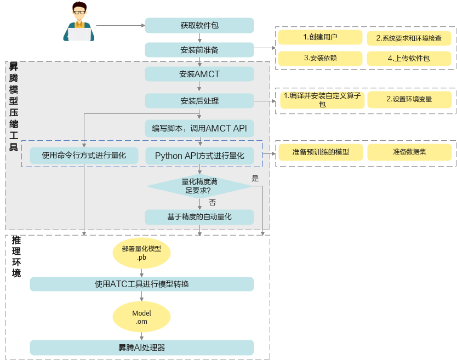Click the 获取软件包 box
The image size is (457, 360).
pos(199,25)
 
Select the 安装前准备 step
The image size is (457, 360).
pos(199,50)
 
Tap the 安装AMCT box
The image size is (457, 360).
pos(199,74)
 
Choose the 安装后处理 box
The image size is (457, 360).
pos(199,101)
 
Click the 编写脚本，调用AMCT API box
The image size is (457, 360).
pos(199,128)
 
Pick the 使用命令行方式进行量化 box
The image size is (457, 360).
pos(84,156)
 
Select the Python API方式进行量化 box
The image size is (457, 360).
pos(199,156)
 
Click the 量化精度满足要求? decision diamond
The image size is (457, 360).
pos(199,186)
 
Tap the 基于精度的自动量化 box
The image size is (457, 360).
pos(199,217)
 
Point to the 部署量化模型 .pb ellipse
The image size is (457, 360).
pos(141,253)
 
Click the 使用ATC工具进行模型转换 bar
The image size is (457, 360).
pos(141,284)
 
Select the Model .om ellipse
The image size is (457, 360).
pos(141,317)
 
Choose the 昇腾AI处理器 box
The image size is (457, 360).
pos(141,347)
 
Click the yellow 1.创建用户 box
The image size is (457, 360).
pos(320,37)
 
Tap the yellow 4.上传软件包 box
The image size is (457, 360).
pos(409,58)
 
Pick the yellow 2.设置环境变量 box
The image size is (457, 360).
pos(409,99)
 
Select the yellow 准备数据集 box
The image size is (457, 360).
pos(409,152)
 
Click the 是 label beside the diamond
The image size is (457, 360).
pos(255,179)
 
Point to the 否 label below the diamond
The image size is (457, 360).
pos(213,203)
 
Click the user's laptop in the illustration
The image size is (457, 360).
pos(79,35)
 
